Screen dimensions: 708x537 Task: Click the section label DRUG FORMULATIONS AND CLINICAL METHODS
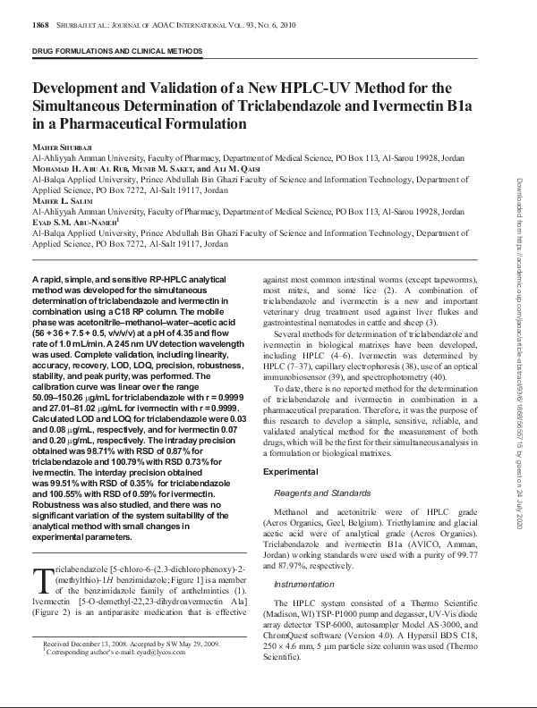pos(117,53)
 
